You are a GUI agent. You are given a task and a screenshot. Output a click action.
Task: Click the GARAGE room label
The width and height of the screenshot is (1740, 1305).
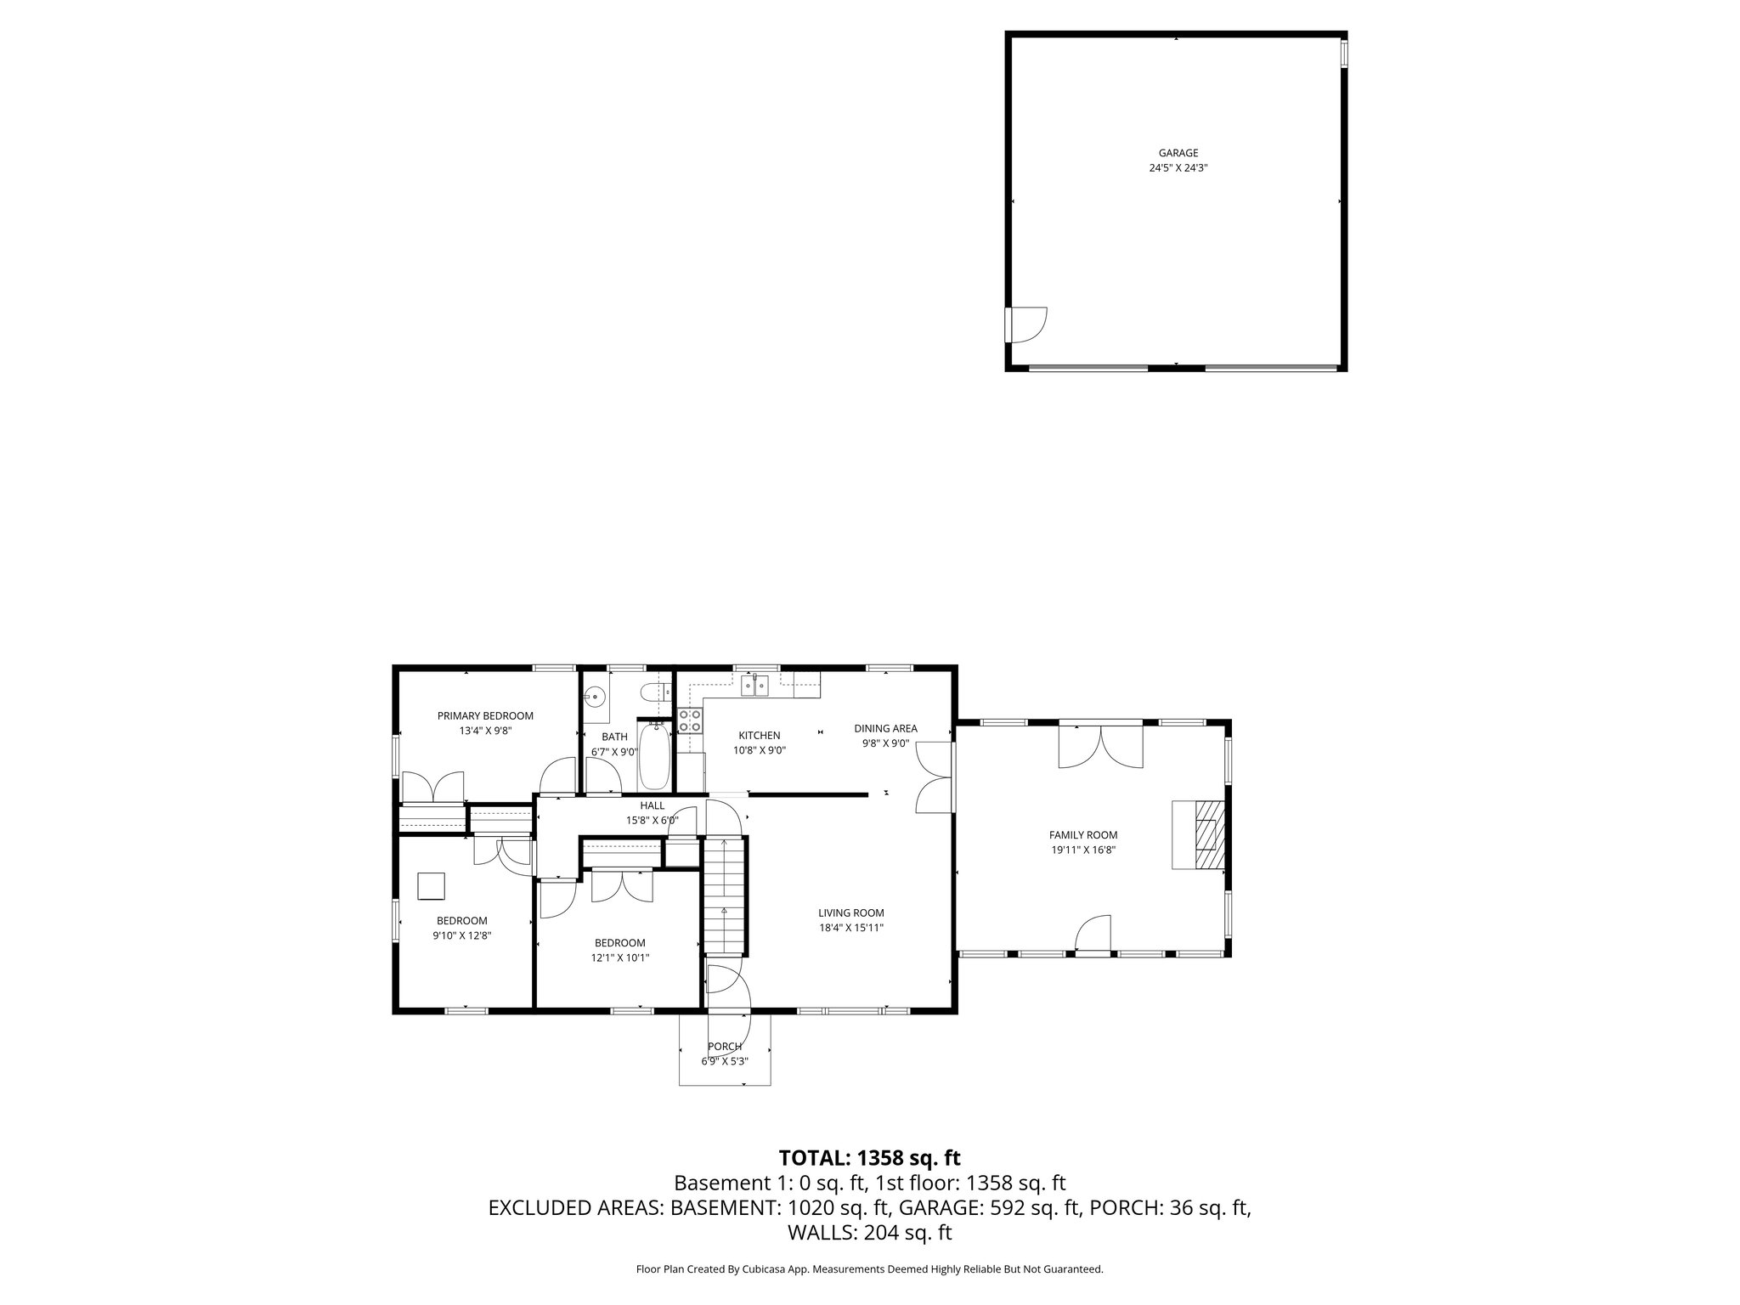[1178, 153]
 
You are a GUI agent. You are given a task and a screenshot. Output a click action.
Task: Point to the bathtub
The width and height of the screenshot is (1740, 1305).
[654, 755]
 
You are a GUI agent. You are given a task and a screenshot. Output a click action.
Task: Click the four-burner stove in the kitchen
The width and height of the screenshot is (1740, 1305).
[690, 721]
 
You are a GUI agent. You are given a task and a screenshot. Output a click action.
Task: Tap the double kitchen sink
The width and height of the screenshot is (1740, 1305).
[755, 685]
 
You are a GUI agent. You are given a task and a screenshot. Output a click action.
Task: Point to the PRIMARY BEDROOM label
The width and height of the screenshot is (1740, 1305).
[485, 715]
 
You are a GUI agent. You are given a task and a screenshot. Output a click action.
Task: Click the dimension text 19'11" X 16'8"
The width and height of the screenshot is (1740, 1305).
[1082, 849]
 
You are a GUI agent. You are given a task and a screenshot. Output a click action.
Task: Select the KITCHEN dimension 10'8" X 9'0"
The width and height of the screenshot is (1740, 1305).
[759, 750]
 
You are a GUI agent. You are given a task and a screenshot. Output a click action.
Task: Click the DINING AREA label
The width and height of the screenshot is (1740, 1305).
[885, 728]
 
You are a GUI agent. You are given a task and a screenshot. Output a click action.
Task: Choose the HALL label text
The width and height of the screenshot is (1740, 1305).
[652, 805]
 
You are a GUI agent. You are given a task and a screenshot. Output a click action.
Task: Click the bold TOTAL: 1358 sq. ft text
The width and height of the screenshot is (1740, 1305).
[869, 1157]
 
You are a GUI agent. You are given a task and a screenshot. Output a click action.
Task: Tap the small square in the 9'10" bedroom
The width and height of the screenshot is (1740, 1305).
[432, 886]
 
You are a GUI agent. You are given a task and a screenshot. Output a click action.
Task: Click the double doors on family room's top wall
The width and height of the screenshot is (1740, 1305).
[1100, 747]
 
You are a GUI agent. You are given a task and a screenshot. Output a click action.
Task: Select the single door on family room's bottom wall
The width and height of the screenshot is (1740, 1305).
[1093, 934]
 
